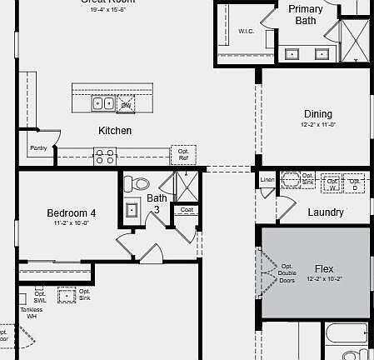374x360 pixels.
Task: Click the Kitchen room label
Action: pyautogui.click(x=115, y=131)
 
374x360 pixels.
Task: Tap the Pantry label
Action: pyautogui.click(x=38, y=147)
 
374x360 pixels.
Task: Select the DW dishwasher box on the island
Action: pyautogui.click(x=126, y=105)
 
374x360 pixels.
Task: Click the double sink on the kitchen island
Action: pyautogui.click(x=104, y=104)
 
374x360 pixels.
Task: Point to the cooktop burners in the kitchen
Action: pyautogui.click(x=105, y=154)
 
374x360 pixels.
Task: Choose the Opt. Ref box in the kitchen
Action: pyautogui.click(x=183, y=155)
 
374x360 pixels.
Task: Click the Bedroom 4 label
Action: pyautogui.click(x=71, y=213)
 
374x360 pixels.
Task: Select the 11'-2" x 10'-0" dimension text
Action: pyautogui.click(x=71, y=223)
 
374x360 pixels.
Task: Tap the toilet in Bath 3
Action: pyautogui.click(x=138, y=184)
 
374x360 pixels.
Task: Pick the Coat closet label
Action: pyautogui.click(x=187, y=210)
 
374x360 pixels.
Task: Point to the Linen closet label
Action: pyautogui.click(x=267, y=180)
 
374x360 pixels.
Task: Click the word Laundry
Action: pyautogui.click(x=325, y=212)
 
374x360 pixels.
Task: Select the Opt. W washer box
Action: pyautogui.click(x=332, y=182)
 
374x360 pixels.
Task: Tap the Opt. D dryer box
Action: pyautogui.click(x=356, y=182)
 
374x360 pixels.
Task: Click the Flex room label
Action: pyautogui.click(x=324, y=269)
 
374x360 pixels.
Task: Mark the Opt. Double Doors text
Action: pyautogui.click(x=287, y=273)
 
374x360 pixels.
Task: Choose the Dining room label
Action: pyautogui.click(x=317, y=114)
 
